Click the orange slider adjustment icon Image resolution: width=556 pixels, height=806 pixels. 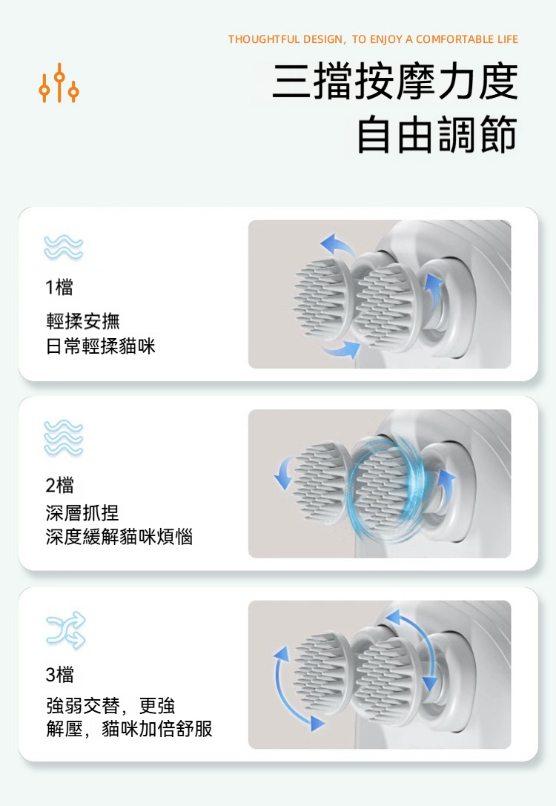(59, 83)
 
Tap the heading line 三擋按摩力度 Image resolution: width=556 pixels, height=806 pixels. (394, 82)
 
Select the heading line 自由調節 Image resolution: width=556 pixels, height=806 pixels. (437, 134)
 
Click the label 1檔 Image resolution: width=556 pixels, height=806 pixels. (59, 287)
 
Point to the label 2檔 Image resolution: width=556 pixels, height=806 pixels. (59, 484)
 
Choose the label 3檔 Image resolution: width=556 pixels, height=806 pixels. (59, 674)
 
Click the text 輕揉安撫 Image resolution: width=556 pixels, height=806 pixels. (83, 321)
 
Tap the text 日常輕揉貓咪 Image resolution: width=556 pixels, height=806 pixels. (101, 346)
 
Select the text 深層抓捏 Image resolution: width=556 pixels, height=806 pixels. (82, 512)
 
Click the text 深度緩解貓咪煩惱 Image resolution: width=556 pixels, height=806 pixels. (119, 537)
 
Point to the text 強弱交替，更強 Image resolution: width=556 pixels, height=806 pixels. (110, 705)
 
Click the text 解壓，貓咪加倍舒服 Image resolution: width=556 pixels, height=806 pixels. (129, 729)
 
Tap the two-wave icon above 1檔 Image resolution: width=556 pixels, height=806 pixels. (63, 247)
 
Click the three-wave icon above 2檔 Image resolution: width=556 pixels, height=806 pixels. (63, 437)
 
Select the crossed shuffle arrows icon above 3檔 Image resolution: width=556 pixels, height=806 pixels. (66, 630)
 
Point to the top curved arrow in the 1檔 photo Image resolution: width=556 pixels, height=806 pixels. (337, 244)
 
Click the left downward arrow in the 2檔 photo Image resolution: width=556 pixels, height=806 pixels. (283, 472)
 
